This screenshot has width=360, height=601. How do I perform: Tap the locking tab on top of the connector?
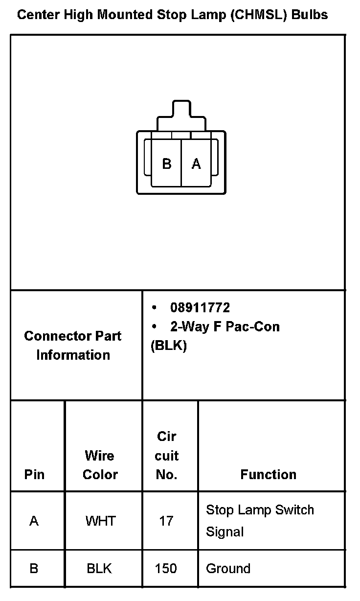click(x=181, y=110)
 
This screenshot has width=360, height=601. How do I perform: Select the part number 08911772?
click(x=200, y=308)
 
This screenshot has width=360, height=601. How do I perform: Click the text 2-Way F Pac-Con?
click(x=225, y=326)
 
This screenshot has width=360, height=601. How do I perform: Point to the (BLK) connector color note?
click(x=169, y=346)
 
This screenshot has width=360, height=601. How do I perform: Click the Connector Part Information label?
click(x=73, y=345)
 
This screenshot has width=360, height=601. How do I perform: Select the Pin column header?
click(x=34, y=474)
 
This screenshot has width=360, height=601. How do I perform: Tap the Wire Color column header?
click(x=100, y=465)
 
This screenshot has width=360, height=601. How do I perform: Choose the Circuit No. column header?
click(x=166, y=456)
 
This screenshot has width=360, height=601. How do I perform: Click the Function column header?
click(x=268, y=474)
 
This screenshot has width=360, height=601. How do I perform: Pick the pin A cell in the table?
click(x=34, y=521)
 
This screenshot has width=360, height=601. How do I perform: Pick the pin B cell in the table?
click(x=34, y=569)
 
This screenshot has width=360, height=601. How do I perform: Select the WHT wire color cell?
click(x=100, y=521)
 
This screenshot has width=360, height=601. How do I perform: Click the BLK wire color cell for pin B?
click(x=99, y=569)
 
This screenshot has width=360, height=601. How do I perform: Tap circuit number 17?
click(x=166, y=521)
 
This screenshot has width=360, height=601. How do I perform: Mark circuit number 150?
click(x=166, y=569)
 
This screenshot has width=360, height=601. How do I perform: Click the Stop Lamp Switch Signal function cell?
click(x=260, y=520)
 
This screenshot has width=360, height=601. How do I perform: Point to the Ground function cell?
click(x=228, y=569)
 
